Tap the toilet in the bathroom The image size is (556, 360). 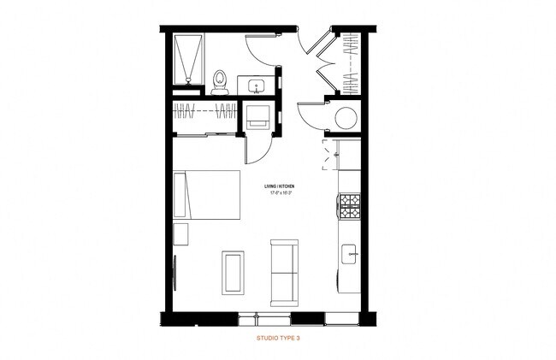[219, 80]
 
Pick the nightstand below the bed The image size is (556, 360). [181, 235]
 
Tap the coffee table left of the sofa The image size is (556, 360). [232, 272]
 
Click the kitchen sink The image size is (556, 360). [349, 253]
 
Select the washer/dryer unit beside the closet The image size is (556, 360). [257, 118]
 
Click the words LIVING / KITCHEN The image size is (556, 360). [279, 186]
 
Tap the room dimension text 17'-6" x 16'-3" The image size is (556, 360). [279, 193]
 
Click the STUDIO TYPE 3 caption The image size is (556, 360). [278, 339]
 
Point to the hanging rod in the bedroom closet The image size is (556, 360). [205, 111]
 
